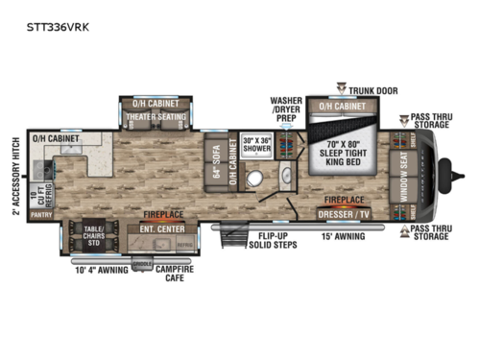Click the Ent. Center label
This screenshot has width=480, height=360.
[160, 229]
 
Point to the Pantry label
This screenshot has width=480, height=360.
[41, 216]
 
